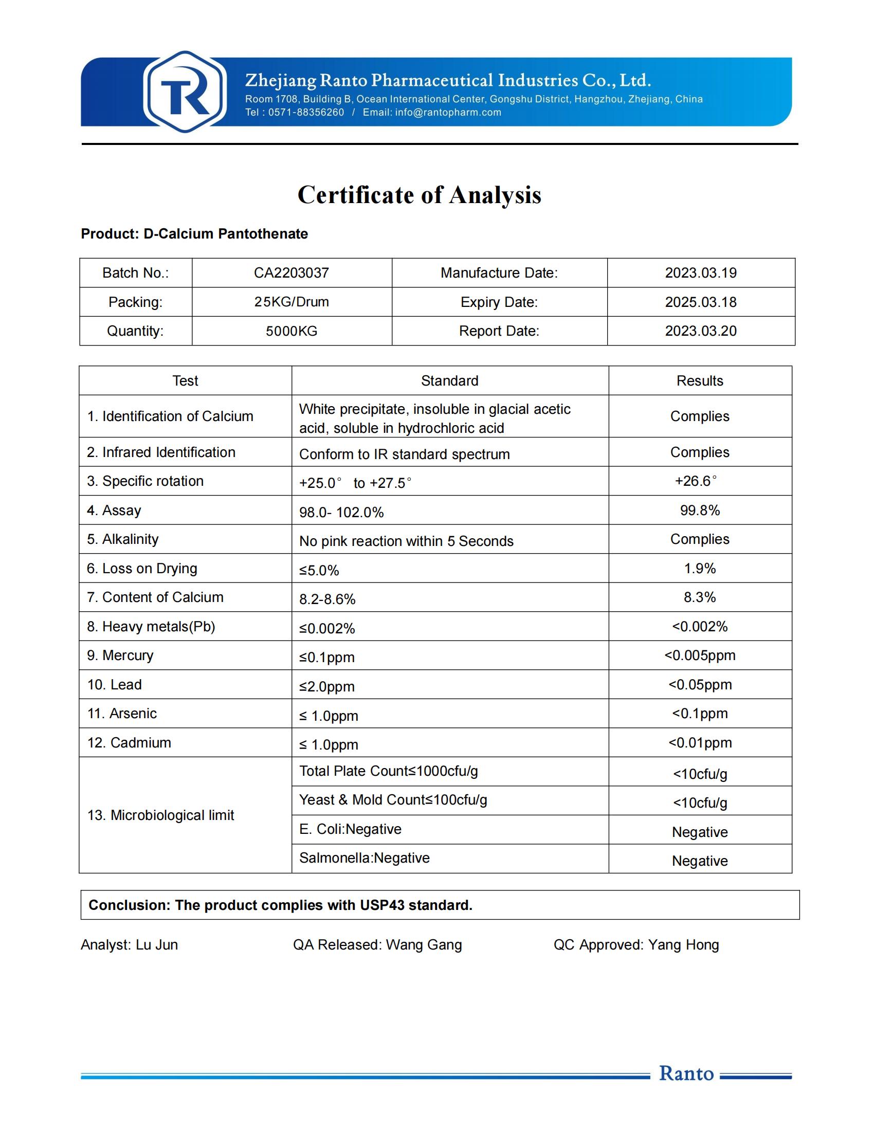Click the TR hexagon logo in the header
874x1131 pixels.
pyautogui.click(x=185, y=92)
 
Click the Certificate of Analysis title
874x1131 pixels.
pyautogui.click(x=419, y=195)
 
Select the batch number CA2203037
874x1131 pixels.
pyautogui.click(x=291, y=273)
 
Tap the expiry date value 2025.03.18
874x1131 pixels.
pyautogui.click(x=701, y=302)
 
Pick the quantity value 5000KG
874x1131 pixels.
pyautogui.click(x=291, y=331)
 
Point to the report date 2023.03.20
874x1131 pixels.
pyautogui.click(x=701, y=331)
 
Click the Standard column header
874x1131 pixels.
pyautogui.click(x=449, y=380)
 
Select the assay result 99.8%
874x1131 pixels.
pyautogui.click(x=700, y=510)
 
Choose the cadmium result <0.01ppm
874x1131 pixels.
pyautogui.click(x=700, y=743)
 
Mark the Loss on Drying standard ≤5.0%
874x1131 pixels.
pyautogui.click(x=319, y=570)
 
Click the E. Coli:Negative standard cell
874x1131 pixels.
pyautogui.click(x=350, y=829)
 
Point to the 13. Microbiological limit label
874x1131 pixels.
pyautogui.click(x=160, y=815)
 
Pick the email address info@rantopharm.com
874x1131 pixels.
pyautogui.click(x=448, y=113)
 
